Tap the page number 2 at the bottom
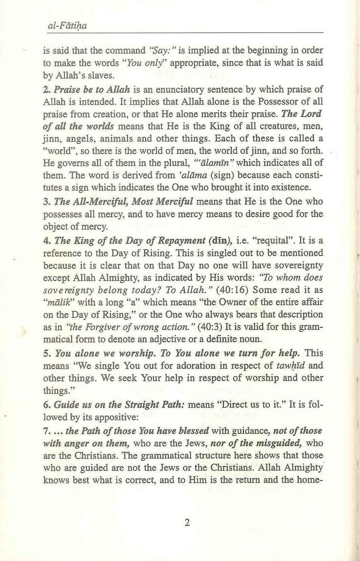pos(187,522)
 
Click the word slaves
pos(99,76)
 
